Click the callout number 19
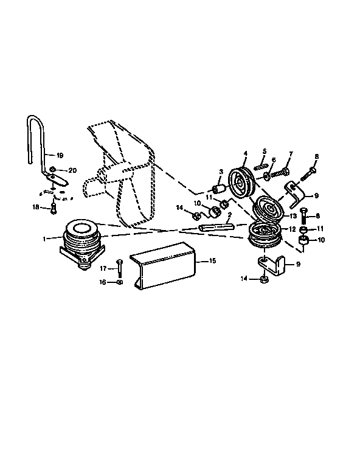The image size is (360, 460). (60, 155)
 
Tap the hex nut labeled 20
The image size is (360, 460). (53, 170)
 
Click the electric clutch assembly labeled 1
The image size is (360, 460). (82, 244)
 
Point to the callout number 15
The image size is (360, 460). (212, 260)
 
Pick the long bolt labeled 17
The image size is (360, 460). (119, 268)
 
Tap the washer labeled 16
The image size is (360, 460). (119, 282)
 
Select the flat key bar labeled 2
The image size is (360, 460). (216, 227)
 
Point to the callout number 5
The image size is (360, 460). (265, 152)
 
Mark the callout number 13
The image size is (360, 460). (293, 216)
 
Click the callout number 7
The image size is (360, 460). (291, 154)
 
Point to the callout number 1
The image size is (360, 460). (44, 239)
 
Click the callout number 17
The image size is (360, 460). (103, 268)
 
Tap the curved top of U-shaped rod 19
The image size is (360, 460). (35, 117)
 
